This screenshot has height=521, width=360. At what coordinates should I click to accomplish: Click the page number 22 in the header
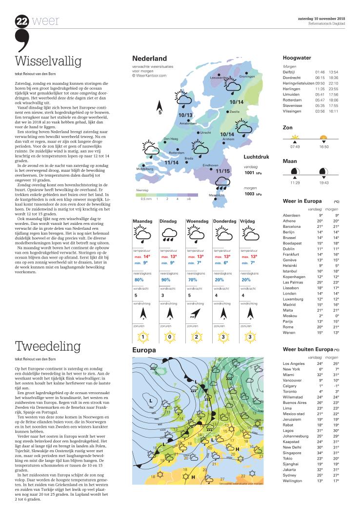(x=22, y=21)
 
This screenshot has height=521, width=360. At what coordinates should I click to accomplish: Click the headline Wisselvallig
(x=48, y=61)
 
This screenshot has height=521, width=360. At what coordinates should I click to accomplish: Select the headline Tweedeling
(x=47, y=346)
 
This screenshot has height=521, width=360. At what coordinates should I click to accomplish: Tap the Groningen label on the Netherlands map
(x=247, y=77)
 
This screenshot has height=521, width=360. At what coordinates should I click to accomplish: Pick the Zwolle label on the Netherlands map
(x=235, y=112)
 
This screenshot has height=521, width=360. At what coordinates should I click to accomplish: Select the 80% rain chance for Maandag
(x=139, y=280)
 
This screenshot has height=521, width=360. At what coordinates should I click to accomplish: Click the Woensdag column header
(x=198, y=221)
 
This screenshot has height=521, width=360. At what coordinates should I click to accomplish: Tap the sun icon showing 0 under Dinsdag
(x=169, y=336)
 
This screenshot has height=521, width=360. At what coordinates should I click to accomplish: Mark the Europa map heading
(x=144, y=350)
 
